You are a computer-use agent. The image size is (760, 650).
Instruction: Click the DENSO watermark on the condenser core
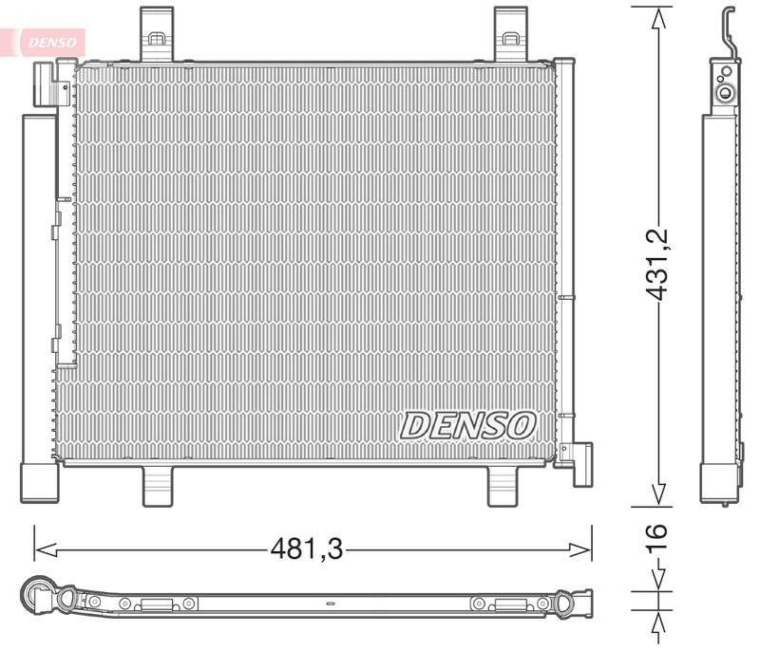click(467, 425)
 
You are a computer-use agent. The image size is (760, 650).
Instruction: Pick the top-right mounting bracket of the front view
click(510, 35)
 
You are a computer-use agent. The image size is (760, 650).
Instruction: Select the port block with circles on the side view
click(727, 84)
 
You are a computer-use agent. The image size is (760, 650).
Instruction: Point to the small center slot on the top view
click(330, 603)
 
